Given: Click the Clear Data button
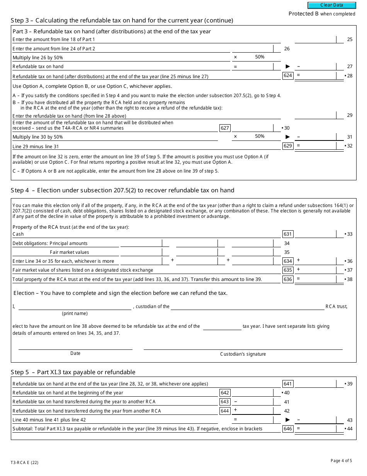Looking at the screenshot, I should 331,5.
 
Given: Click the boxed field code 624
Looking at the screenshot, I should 288,75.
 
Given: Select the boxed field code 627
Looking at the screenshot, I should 225,128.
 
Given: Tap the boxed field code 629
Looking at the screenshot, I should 288,146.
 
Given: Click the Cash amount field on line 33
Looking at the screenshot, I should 316,234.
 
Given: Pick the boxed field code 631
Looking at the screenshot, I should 288,234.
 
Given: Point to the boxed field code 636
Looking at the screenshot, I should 288,279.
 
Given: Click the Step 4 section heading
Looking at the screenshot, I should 122,190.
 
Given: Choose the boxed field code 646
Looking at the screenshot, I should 288,428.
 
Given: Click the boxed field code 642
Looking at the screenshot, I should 225,393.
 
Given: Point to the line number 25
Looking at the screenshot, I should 350,39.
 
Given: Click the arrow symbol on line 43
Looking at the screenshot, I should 287,419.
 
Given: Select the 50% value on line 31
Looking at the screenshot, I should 260,136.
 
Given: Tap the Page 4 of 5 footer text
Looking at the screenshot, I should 341,461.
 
